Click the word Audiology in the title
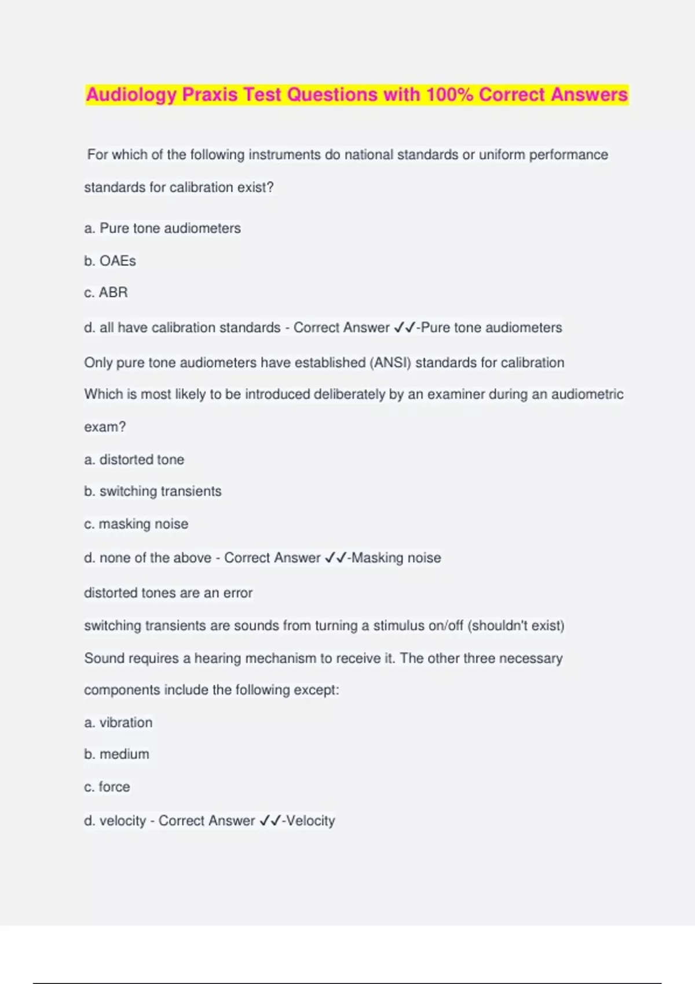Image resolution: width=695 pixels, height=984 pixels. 131,95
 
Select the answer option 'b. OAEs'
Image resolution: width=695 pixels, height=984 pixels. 110,261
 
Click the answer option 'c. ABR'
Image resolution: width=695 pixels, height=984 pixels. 106,293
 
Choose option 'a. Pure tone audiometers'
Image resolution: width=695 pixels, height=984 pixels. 162,229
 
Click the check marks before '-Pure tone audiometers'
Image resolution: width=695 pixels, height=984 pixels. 404,328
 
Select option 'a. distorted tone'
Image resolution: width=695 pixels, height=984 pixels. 134,460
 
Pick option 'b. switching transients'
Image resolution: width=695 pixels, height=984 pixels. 152,491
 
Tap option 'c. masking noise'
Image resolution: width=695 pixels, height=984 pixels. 136,524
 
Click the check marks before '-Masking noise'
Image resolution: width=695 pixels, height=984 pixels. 335,558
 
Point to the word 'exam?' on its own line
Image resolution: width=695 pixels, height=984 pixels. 105,427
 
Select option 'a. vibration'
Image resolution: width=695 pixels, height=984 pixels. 118,723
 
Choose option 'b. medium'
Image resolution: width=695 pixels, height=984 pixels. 116,754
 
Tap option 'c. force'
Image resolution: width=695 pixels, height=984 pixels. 107,787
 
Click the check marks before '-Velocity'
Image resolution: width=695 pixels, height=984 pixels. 270,821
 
